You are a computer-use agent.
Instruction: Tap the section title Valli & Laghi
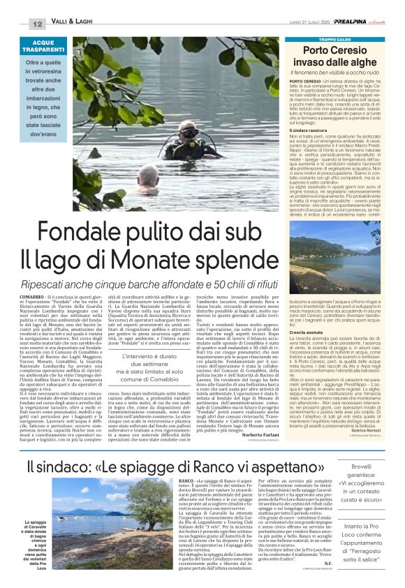tap(72, 24)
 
